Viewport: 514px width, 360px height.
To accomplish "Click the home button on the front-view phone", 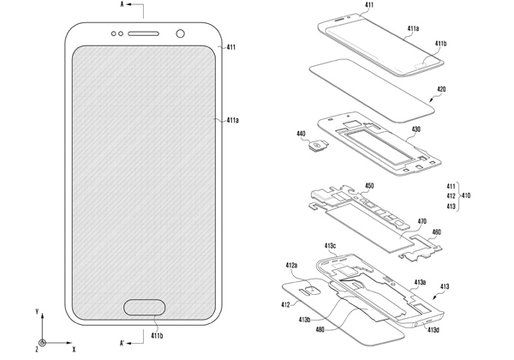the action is click(144, 307).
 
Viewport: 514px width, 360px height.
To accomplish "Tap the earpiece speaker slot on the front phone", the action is click(143, 33).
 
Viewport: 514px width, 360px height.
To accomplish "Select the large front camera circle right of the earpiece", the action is click(180, 33).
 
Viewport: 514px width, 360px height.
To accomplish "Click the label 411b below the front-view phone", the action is click(157, 335).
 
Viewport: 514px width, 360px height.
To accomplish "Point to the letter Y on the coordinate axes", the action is click(37, 311).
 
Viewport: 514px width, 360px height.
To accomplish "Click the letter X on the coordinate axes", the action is click(74, 350).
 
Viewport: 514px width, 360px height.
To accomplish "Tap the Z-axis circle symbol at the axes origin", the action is click(42, 343).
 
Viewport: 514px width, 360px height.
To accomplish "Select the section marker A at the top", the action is click(122, 4).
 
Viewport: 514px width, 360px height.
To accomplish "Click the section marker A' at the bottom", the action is click(122, 343).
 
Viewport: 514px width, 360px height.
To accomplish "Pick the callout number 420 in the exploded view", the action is click(441, 89).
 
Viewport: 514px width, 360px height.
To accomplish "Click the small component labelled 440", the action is click(317, 145).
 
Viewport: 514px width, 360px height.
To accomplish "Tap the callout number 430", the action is click(415, 129).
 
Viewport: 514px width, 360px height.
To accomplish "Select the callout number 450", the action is click(369, 186).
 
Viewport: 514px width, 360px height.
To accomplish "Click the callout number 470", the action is click(422, 222).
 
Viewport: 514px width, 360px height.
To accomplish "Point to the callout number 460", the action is click(437, 232).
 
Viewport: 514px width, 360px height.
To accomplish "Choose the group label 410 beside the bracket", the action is click(466, 195).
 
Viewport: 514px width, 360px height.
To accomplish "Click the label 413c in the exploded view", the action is click(330, 246).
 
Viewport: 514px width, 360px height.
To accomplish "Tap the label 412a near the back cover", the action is click(291, 265).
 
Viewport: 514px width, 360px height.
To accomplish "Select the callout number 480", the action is click(320, 329).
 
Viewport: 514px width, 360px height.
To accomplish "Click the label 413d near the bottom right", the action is click(433, 330).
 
